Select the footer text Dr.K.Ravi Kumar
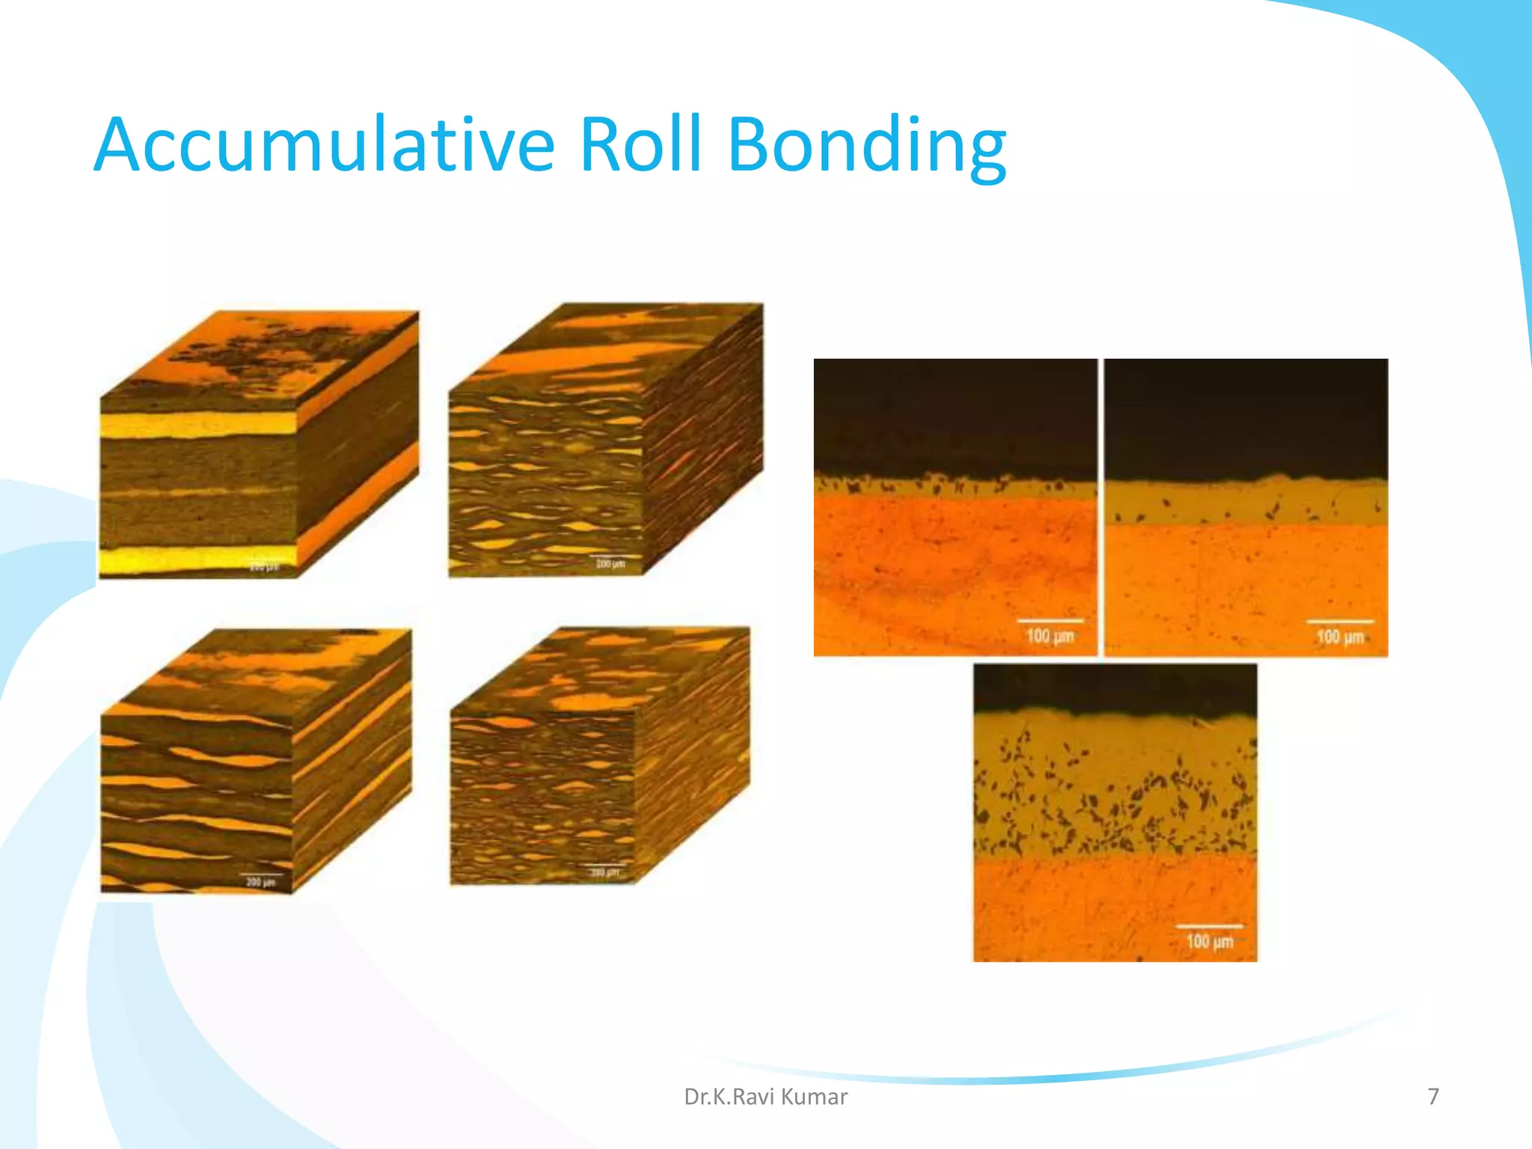coord(765,1097)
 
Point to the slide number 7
coord(1433,1097)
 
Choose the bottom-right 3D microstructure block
coord(599,756)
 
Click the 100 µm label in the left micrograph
coord(1050,637)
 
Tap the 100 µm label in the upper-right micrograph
coord(1340,637)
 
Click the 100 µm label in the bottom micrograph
coord(1209,941)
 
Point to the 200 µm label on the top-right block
coord(610,563)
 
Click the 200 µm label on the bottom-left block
coord(260,882)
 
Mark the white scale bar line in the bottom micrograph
coord(1209,926)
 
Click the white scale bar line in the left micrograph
coord(1050,621)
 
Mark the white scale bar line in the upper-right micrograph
coord(1340,622)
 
